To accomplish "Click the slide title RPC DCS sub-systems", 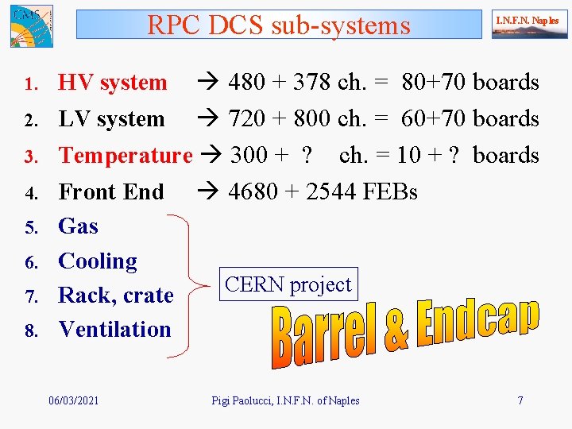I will tap(279, 25).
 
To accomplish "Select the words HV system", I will tap(113, 83).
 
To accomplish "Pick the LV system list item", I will tap(111, 119).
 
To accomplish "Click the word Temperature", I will tap(126, 155).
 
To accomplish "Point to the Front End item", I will tap(111, 191).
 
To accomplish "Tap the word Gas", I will tap(79, 226).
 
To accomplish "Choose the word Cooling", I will tap(98, 261).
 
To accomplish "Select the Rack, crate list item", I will tap(116, 296).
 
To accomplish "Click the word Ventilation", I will tap(115, 329).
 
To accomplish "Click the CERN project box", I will tap(288, 284).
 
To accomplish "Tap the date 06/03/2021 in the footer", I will tap(74, 400).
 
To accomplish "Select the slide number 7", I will tap(520, 400).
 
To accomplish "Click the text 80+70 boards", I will tap(470, 83).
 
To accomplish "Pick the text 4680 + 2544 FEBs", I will tap(323, 191).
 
